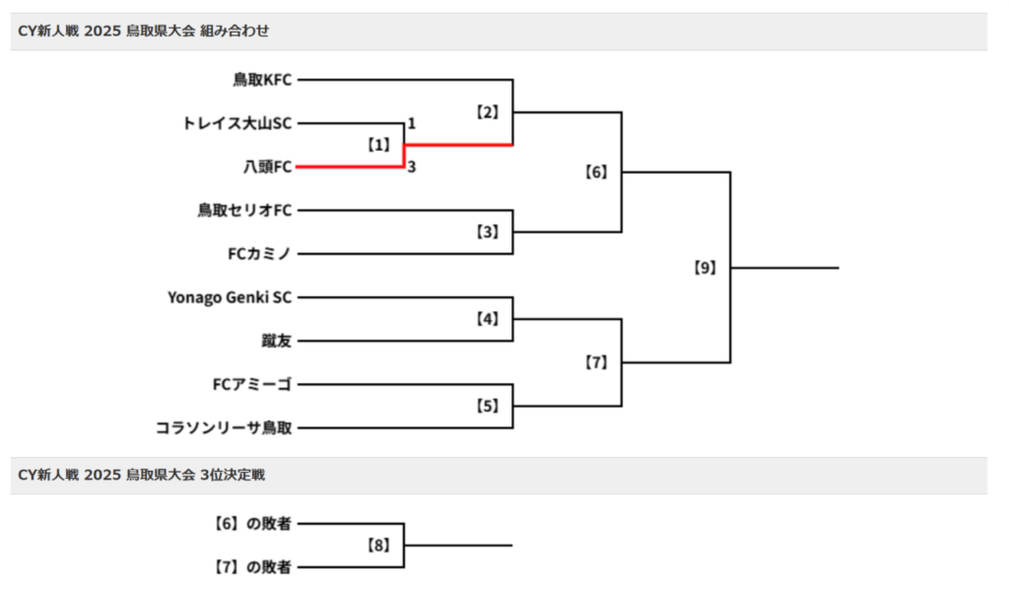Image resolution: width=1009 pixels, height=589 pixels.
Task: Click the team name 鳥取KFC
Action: [x=262, y=80]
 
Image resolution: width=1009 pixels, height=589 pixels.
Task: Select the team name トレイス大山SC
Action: [x=236, y=123]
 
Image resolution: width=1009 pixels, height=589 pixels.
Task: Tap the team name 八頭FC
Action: [x=268, y=166]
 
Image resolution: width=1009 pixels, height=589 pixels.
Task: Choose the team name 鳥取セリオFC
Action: [x=244, y=210]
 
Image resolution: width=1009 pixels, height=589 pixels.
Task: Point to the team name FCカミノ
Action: [x=260, y=253]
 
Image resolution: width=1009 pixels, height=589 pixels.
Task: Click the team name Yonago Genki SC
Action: [x=230, y=296]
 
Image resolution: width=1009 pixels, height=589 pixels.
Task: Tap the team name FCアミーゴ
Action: [x=252, y=384]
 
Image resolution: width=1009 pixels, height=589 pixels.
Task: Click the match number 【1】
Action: [x=379, y=145]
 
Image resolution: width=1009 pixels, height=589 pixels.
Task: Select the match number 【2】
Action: [x=488, y=112]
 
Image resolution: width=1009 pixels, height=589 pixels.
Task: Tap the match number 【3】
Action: [x=488, y=232]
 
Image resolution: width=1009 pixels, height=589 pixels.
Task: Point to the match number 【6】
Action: [x=596, y=172]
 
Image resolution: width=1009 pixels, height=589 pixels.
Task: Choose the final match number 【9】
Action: [x=705, y=267]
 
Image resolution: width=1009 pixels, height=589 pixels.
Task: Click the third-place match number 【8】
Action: [x=379, y=545]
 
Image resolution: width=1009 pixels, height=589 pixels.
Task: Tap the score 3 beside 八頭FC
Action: [x=412, y=166]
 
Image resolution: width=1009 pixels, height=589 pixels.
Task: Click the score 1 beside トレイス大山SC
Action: [x=412, y=124]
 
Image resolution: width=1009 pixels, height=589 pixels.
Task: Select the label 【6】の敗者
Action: [x=251, y=523]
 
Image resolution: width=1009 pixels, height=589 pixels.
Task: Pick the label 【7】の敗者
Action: [x=251, y=566]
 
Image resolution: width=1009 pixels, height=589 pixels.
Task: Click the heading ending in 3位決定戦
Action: [x=142, y=475]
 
